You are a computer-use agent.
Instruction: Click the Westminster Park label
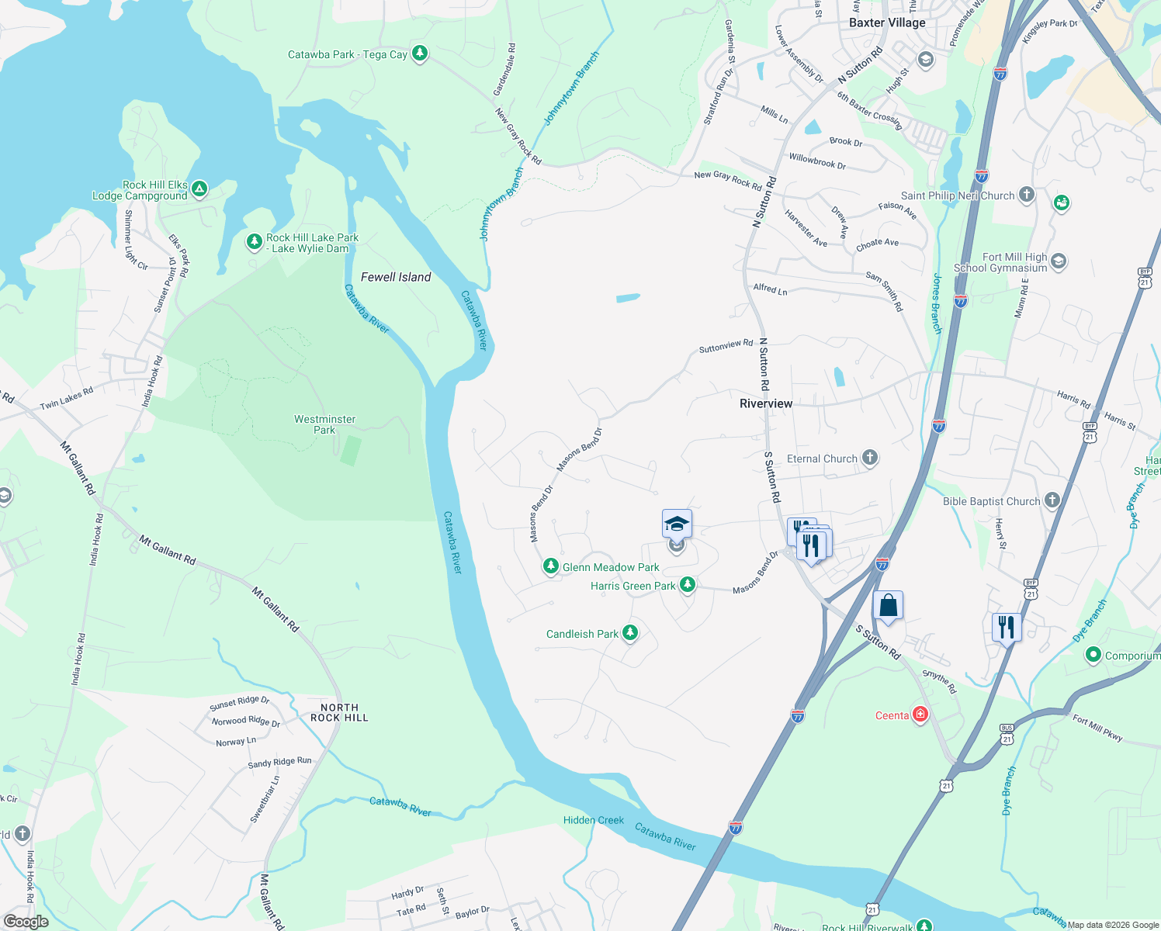324,424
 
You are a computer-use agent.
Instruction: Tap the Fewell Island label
396,277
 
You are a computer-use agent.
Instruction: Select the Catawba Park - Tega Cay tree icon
420,54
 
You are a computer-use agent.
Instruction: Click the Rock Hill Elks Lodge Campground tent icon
199,189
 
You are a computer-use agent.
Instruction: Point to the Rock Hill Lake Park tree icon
254,242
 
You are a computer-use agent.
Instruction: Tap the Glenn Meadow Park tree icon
551,567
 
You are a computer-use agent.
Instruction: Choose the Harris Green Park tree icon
688,584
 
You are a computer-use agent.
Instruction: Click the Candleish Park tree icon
630,633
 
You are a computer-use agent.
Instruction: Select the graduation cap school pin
677,524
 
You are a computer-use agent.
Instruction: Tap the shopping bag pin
888,605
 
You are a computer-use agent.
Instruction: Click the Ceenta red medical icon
920,714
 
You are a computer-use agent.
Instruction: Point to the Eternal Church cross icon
870,458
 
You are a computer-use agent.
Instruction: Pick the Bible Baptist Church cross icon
1052,500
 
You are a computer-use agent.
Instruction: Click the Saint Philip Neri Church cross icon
1027,195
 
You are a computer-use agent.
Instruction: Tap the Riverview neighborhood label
766,403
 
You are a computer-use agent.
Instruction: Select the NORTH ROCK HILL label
339,712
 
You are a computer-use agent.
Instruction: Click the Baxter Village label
887,22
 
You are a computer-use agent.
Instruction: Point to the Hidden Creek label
594,820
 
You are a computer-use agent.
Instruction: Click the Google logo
26,922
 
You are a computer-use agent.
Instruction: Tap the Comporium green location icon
1093,656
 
